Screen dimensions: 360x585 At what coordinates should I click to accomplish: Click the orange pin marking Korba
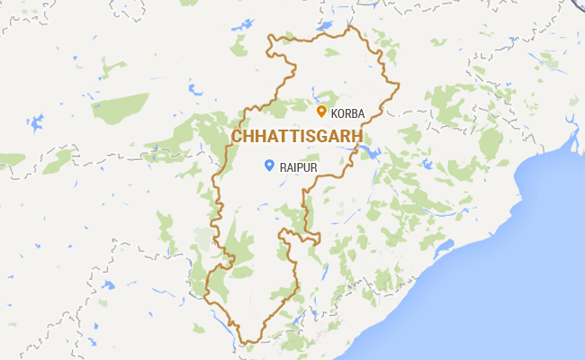pos(321,111)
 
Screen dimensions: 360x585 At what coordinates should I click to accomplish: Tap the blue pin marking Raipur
pos(268,165)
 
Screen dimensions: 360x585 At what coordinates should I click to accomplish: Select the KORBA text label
pos(348,113)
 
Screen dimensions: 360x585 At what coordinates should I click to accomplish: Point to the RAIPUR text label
pos(299,167)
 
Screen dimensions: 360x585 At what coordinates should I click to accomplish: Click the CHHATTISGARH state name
pos(297,136)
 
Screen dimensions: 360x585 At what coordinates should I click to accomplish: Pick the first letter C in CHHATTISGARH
pos(238,136)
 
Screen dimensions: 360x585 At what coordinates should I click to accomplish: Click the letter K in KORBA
pos(335,113)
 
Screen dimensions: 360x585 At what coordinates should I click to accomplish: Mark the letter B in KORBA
pos(355,113)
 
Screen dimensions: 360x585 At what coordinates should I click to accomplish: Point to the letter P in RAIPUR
pos(301,167)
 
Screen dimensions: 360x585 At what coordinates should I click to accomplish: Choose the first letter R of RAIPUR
pos(283,167)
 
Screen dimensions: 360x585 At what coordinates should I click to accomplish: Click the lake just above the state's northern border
pos(323,26)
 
